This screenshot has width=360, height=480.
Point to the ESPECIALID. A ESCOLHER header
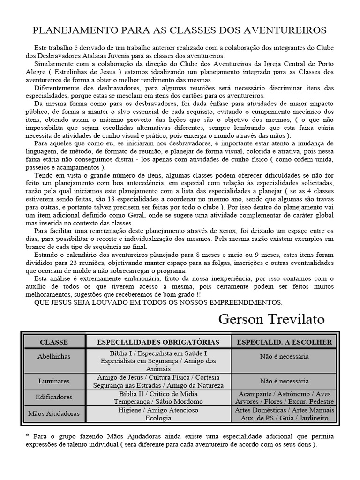(285, 342)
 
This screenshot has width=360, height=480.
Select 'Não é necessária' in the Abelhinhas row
(285, 356)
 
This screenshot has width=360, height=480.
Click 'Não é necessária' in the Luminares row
(285, 381)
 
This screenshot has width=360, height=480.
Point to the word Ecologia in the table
(158, 418)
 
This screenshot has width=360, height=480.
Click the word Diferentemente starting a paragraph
(57, 88)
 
